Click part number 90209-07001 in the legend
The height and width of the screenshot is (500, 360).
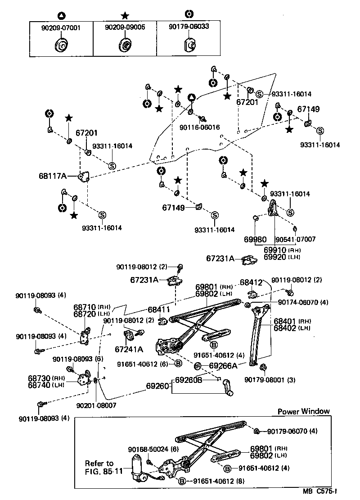coord(61,27)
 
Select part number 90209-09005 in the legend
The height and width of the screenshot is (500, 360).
coord(125,27)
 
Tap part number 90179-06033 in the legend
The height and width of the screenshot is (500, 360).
coord(189,27)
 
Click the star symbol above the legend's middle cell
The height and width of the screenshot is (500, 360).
coord(125,15)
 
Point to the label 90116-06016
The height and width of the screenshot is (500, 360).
coord(199,127)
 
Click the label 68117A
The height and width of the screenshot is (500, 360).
coord(52,176)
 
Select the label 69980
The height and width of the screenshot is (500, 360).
coord(255,240)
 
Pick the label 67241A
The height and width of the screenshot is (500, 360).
coord(129,349)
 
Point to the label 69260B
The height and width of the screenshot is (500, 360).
coord(189,379)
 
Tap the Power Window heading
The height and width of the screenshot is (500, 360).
coord(303,411)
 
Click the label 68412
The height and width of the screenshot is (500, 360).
coord(251,282)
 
